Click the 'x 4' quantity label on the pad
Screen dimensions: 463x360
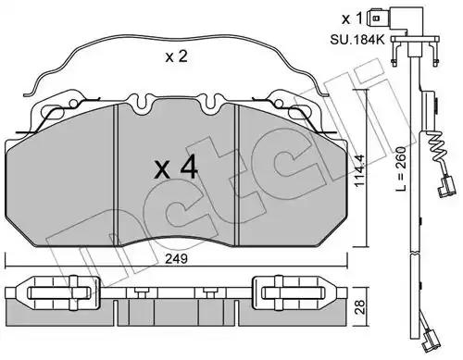(176, 168)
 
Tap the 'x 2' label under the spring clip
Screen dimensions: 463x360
(176, 56)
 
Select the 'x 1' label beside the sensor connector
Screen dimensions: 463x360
(352, 19)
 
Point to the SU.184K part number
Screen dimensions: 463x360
(357, 40)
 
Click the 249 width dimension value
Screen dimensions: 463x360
(176, 259)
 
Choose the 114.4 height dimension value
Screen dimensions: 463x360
(360, 170)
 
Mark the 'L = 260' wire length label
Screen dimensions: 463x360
(401, 168)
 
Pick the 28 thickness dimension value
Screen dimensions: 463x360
(360, 306)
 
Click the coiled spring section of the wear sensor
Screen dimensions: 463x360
(437, 148)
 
